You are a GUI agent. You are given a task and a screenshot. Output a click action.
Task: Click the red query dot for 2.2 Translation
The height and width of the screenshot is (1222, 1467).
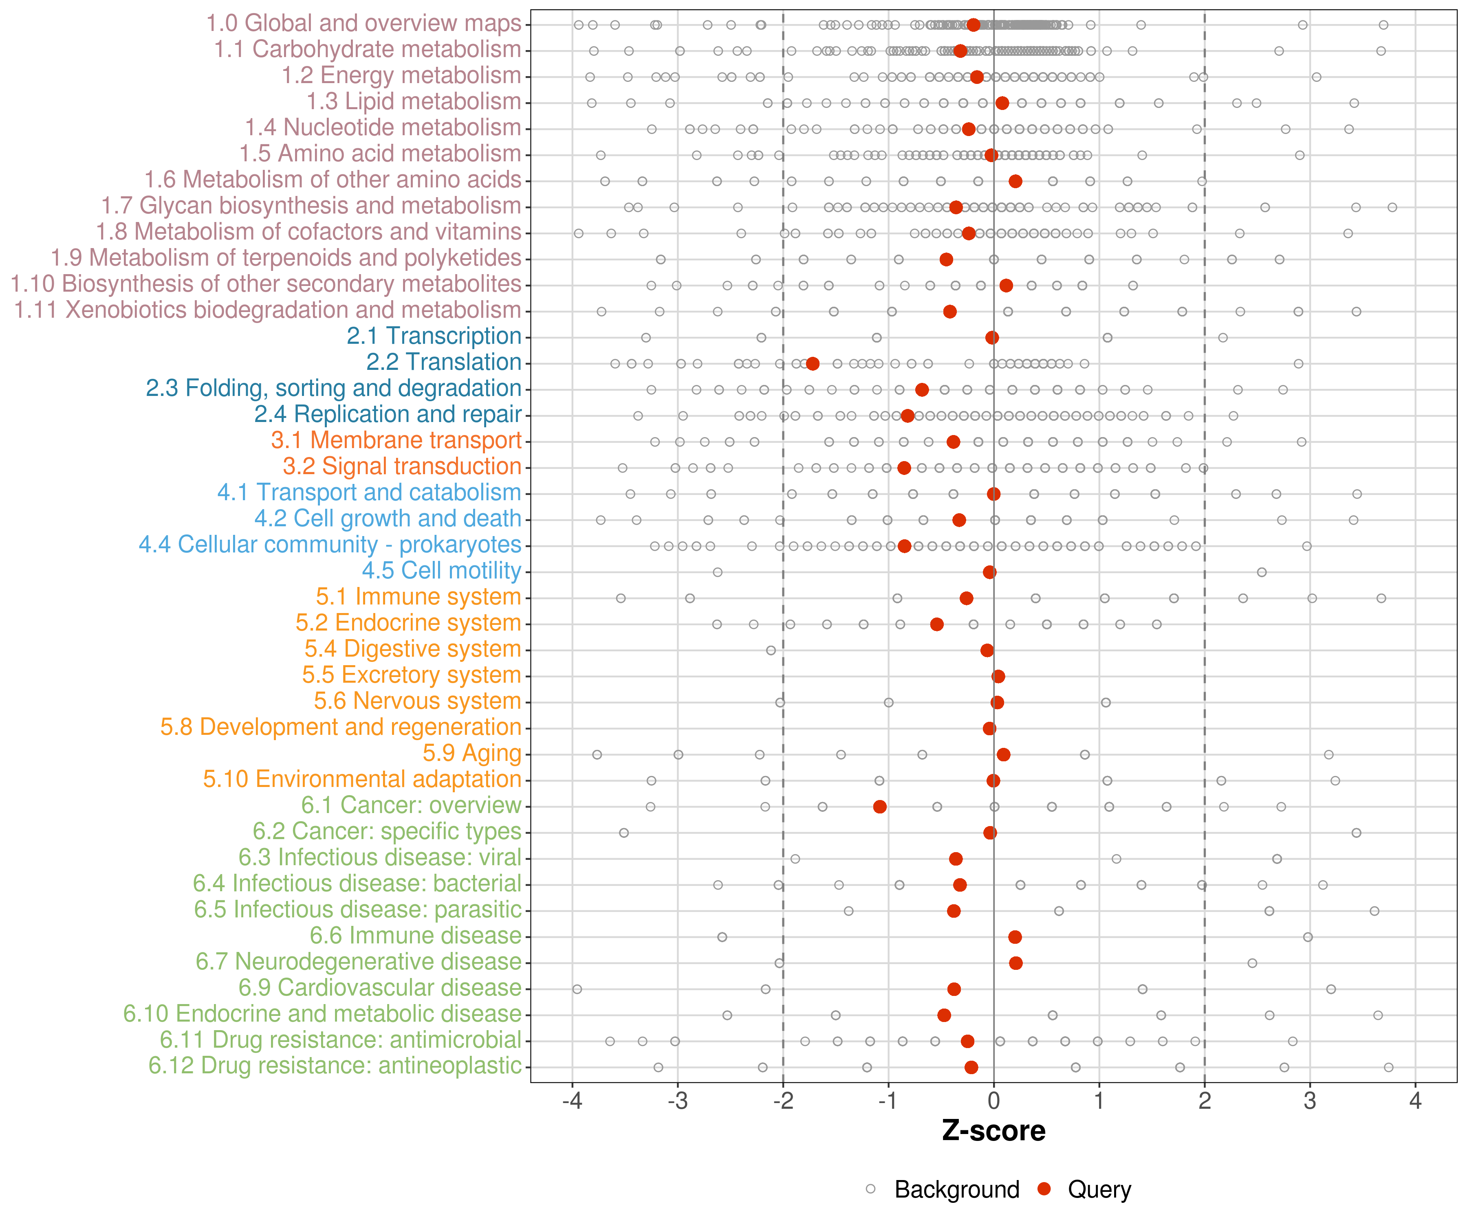coord(813,364)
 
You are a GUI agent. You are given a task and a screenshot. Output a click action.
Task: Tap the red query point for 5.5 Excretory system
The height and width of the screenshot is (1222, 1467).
coord(998,676)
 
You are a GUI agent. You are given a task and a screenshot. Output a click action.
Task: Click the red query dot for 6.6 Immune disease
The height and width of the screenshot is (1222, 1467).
coord(1015,936)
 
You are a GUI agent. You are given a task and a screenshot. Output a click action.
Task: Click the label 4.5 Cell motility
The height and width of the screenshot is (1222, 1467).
coord(441,571)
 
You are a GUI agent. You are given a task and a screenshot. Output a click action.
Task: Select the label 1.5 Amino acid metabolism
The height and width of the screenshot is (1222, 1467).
coord(380,154)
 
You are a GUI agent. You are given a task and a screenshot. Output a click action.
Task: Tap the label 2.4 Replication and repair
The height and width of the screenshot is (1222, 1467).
coord(388,414)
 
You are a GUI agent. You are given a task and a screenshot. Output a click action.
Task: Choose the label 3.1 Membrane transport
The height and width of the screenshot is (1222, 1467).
coord(396,440)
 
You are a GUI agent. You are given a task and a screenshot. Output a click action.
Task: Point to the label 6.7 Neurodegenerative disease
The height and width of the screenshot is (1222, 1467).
coord(358,962)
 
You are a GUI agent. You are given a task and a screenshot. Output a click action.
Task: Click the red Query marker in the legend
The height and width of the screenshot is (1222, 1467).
coord(1044,1189)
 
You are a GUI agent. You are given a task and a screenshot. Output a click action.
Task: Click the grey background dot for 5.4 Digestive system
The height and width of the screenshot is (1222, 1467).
coord(771,650)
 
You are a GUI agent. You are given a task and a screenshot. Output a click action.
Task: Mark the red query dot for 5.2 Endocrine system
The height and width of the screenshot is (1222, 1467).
coord(937,624)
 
